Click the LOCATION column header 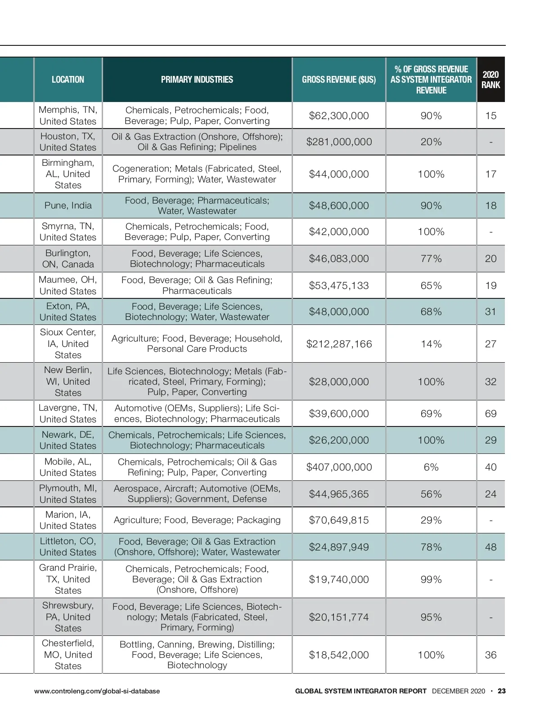tap(68, 80)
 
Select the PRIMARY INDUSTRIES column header tap(197, 80)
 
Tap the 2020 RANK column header tap(490, 80)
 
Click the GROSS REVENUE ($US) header tap(339, 80)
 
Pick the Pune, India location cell tap(68, 205)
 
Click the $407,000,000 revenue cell tap(339, 467)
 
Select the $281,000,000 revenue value tap(339, 142)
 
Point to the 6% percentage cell tap(431, 467)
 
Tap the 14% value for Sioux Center tap(431, 344)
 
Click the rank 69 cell tap(490, 413)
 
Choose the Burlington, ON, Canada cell tap(68, 258)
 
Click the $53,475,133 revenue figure tap(339, 285)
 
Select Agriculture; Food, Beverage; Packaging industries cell tap(197, 520)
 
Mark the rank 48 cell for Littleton tap(490, 547)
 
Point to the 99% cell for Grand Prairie tap(431, 579)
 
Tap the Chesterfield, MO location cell tap(68, 654)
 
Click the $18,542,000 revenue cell tap(339, 655)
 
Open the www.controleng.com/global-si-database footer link tap(97, 691)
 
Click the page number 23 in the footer tap(502, 691)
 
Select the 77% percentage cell tap(431, 258)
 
